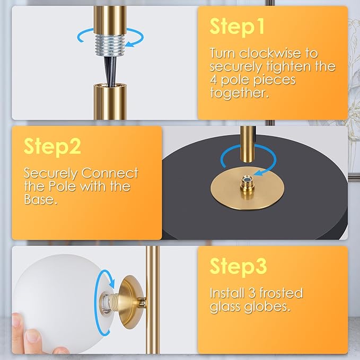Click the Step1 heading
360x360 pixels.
tap(237, 27)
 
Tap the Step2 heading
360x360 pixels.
tap(52, 146)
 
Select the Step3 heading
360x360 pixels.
tap(238, 266)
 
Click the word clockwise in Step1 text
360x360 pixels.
tap(270, 53)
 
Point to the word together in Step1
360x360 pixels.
tap(240, 93)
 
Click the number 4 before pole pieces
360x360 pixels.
tap(213, 80)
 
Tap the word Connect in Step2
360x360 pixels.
tap(110, 173)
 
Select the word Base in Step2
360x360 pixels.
tap(40, 199)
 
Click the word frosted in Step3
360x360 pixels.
tap(281, 293)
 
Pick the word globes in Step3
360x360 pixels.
tap(267, 306)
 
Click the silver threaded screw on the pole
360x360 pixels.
tap(110, 45)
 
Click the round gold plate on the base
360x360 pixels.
tap(247, 189)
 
